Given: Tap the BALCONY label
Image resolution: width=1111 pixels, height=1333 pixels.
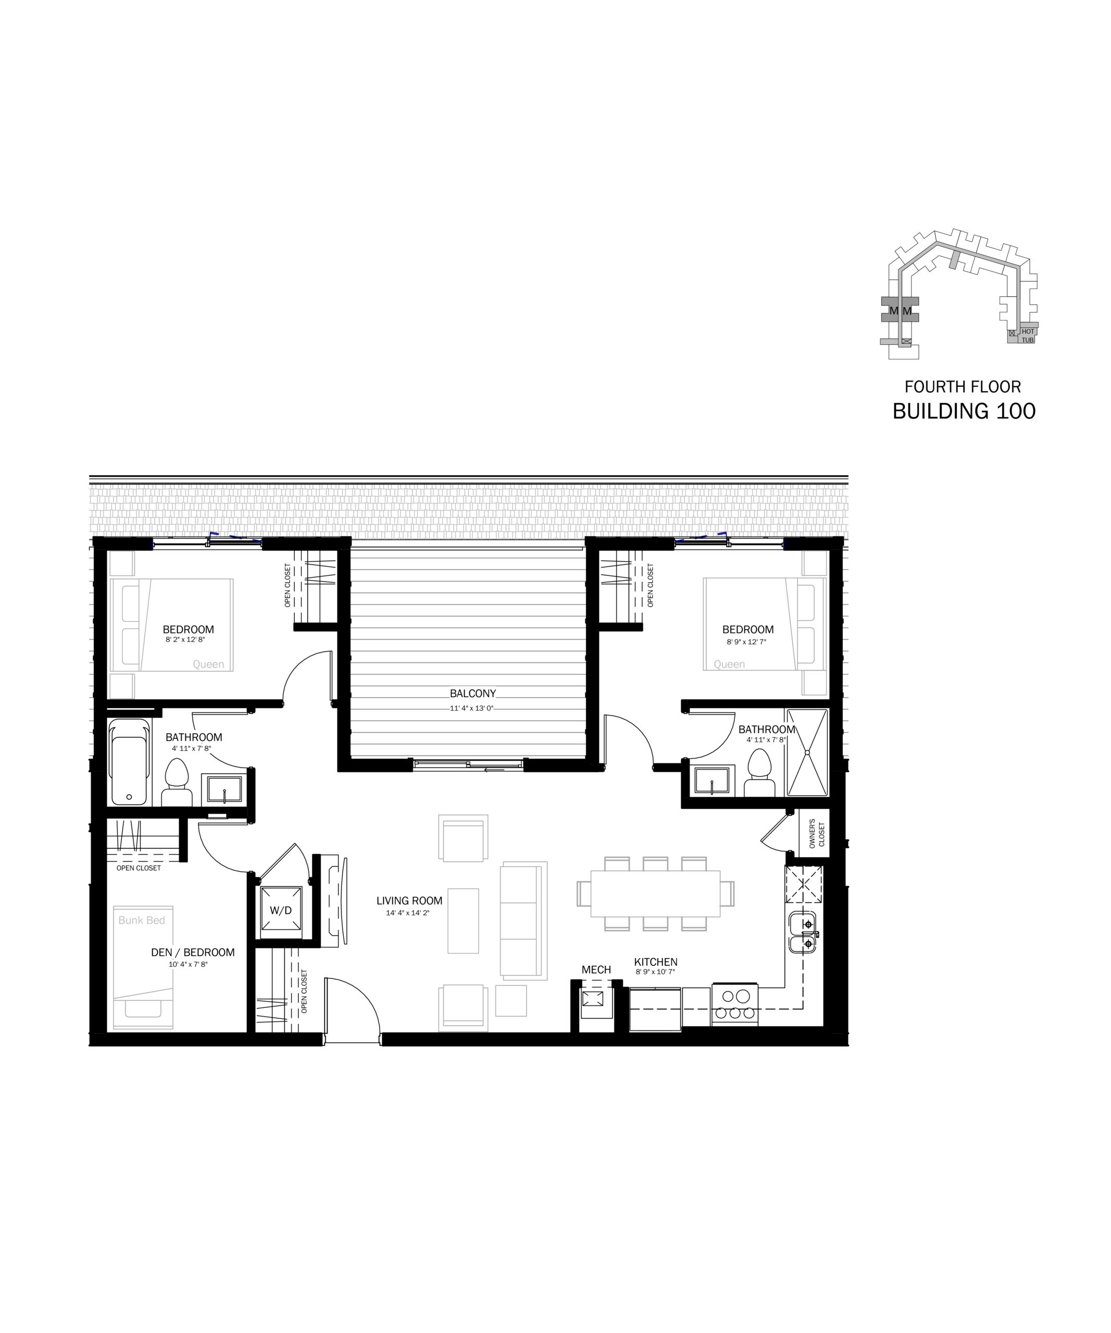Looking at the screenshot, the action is pyautogui.click(x=472, y=694).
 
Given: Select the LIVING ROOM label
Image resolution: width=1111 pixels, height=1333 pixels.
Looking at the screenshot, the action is pyautogui.click(x=409, y=901).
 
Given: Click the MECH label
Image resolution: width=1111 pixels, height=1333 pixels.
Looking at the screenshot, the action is pyautogui.click(x=596, y=970).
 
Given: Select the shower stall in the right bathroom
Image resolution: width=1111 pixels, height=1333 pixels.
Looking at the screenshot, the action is pyautogui.click(x=807, y=752).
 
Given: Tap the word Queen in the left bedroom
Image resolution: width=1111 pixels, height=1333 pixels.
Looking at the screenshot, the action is pyautogui.click(x=208, y=664).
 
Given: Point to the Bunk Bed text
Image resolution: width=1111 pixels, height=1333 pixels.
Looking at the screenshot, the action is pyautogui.click(x=142, y=921).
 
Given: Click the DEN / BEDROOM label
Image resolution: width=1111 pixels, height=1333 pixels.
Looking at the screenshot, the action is pyautogui.click(x=193, y=952).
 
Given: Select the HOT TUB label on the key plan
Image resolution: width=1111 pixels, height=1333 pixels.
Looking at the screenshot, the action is pyautogui.click(x=1028, y=336).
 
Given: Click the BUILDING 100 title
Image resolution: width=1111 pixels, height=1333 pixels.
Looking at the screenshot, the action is pyautogui.click(x=964, y=411).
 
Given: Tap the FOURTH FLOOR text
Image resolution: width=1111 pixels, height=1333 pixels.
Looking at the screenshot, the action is pyautogui.click(x=963, y=386).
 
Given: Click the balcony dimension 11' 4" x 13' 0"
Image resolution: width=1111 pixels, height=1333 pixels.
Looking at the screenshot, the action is pyautogui.click(x=472, y=708).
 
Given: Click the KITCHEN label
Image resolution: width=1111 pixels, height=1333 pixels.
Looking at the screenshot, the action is pyautogui.click(x=656, y=962).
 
